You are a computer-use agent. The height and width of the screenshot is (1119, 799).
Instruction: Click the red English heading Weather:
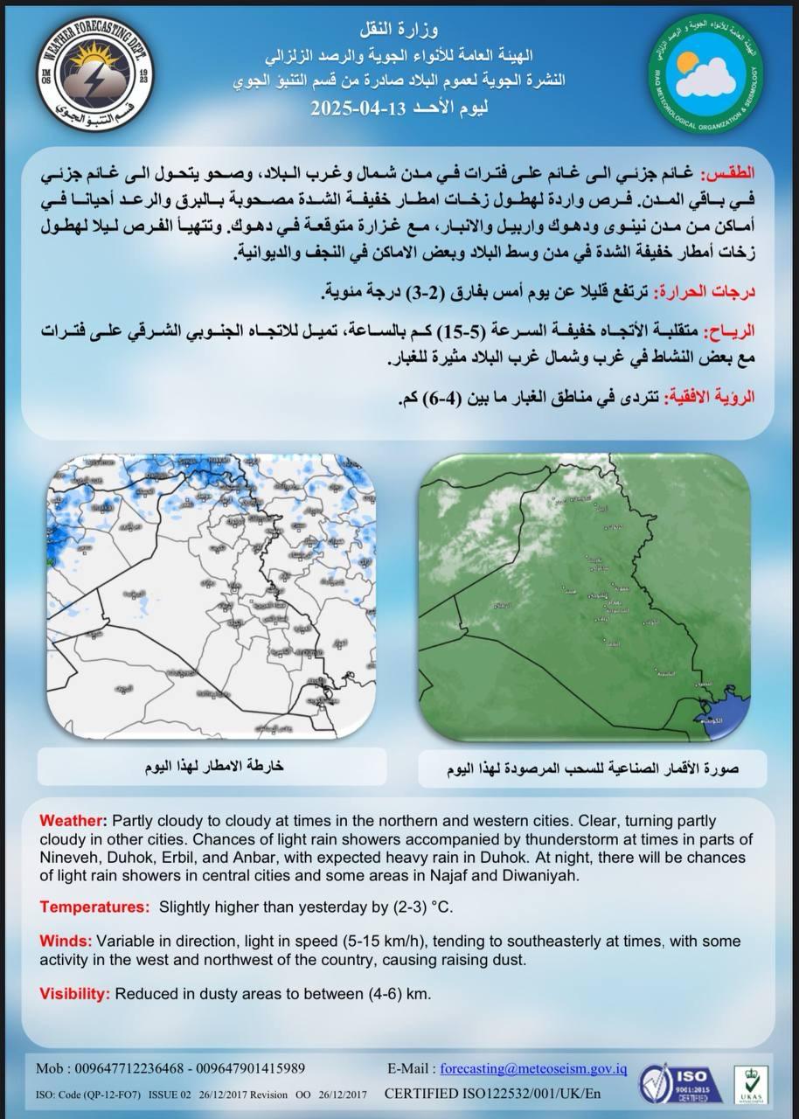[73, 822]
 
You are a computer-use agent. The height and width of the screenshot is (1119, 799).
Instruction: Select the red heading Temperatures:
[94, 907]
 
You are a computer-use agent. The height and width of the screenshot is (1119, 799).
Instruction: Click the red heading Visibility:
[74, 994]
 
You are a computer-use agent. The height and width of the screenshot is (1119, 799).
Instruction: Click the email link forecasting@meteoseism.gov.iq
[533, 1068]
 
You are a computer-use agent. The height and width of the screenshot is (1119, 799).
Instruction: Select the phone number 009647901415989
[250, 1068]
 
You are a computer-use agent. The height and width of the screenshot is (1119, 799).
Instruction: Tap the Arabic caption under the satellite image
[591, 769]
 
